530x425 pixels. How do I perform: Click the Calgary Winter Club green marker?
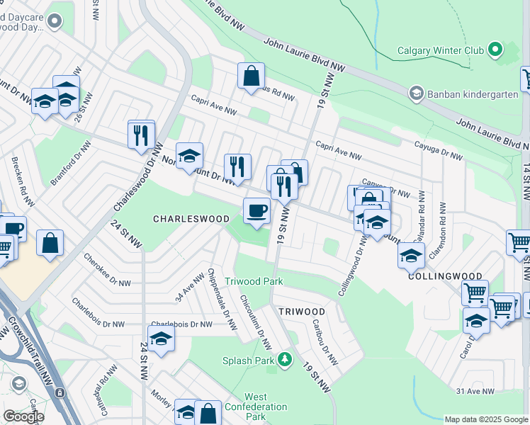[x=495, y=50]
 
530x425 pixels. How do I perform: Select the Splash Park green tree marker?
[x=285, y=360]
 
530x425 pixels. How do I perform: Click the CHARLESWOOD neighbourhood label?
[x=191, y=220]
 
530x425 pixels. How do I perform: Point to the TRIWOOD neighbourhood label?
[x=301, y=312]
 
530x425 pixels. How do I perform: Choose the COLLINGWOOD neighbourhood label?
[x=445, y=276]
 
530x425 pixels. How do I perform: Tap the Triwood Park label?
[x=254, y=281]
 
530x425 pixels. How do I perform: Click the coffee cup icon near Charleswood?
[x=256, y=210]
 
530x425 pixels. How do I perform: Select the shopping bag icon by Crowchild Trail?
[x=50, y=243]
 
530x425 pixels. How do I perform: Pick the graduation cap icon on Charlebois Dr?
[x=161, y=338]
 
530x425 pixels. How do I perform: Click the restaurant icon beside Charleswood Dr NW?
[x=141, y=134]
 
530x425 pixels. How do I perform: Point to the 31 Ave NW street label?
[x=471, y=391]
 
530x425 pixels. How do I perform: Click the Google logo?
[x=23, y=416]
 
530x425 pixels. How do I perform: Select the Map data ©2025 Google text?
[x=485, y=419]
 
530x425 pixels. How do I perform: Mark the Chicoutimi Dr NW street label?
[x=255, y=322]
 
